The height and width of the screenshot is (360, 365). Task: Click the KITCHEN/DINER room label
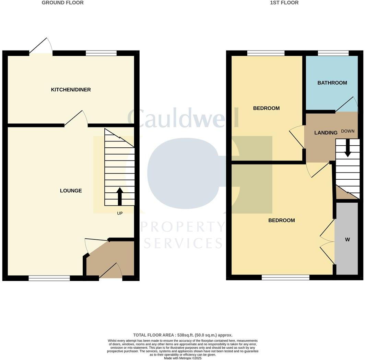click(x=71, y=90)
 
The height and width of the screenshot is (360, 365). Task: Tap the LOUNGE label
click(x=71, y=191)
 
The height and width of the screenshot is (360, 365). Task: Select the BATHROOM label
click(x=332, y=83)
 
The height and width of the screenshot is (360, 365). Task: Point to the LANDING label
click(x=326, y=133)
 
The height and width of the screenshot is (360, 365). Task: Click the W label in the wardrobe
click(x=347, y=239)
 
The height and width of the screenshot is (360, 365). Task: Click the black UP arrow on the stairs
click(x=120, y=196)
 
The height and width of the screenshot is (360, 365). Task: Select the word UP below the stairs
click(x=120, y=213)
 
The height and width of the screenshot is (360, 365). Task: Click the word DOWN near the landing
click(x=348, y=131)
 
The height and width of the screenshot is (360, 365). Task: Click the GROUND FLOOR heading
click(x=62, y=3)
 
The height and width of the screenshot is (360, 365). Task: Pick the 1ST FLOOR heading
click(x=284, y=3)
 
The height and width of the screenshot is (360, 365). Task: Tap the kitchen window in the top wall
click(x=101, y=53)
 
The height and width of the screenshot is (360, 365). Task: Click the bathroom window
click(x=333, y=53)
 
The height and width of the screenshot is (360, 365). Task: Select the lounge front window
click(x=49, y=278)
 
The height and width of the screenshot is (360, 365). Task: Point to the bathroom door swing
click(x=347, y=105)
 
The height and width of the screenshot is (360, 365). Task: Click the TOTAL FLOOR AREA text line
click(x=182, y=335)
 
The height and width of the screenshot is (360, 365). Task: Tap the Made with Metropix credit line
click(x=182, y=358)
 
